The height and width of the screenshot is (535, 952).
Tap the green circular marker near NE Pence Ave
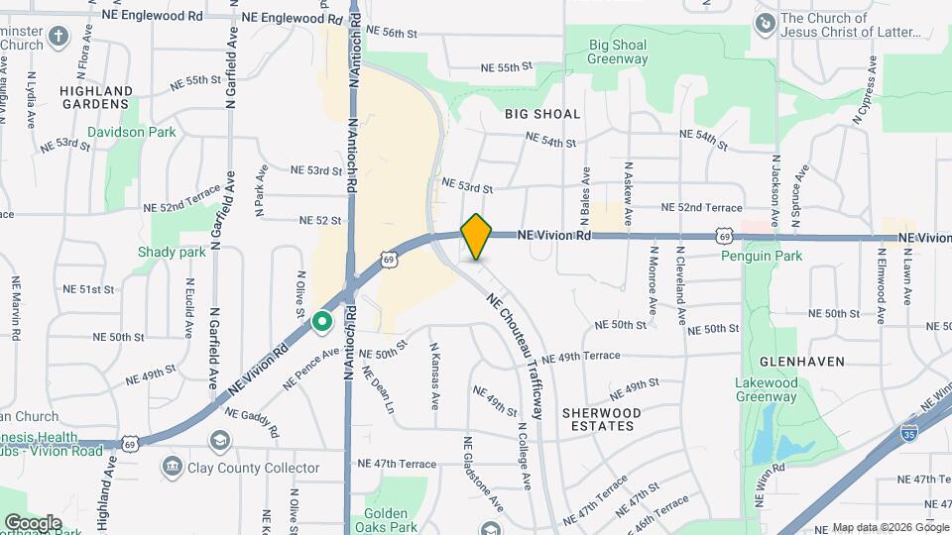point(321,321)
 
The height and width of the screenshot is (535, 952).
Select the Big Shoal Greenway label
point(618,52)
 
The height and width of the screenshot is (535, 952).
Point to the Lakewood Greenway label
point(766,389)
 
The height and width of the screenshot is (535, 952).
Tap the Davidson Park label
point(130,132)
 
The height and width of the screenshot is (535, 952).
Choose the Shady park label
point(172,252)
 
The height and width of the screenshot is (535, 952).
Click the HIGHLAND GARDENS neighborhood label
point(96,97)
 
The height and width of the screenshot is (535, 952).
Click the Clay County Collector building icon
point(173,467)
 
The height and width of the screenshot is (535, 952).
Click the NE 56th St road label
point(392,33)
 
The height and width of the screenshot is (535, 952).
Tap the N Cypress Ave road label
point(863,91)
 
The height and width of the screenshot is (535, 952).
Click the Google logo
point(33,522)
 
